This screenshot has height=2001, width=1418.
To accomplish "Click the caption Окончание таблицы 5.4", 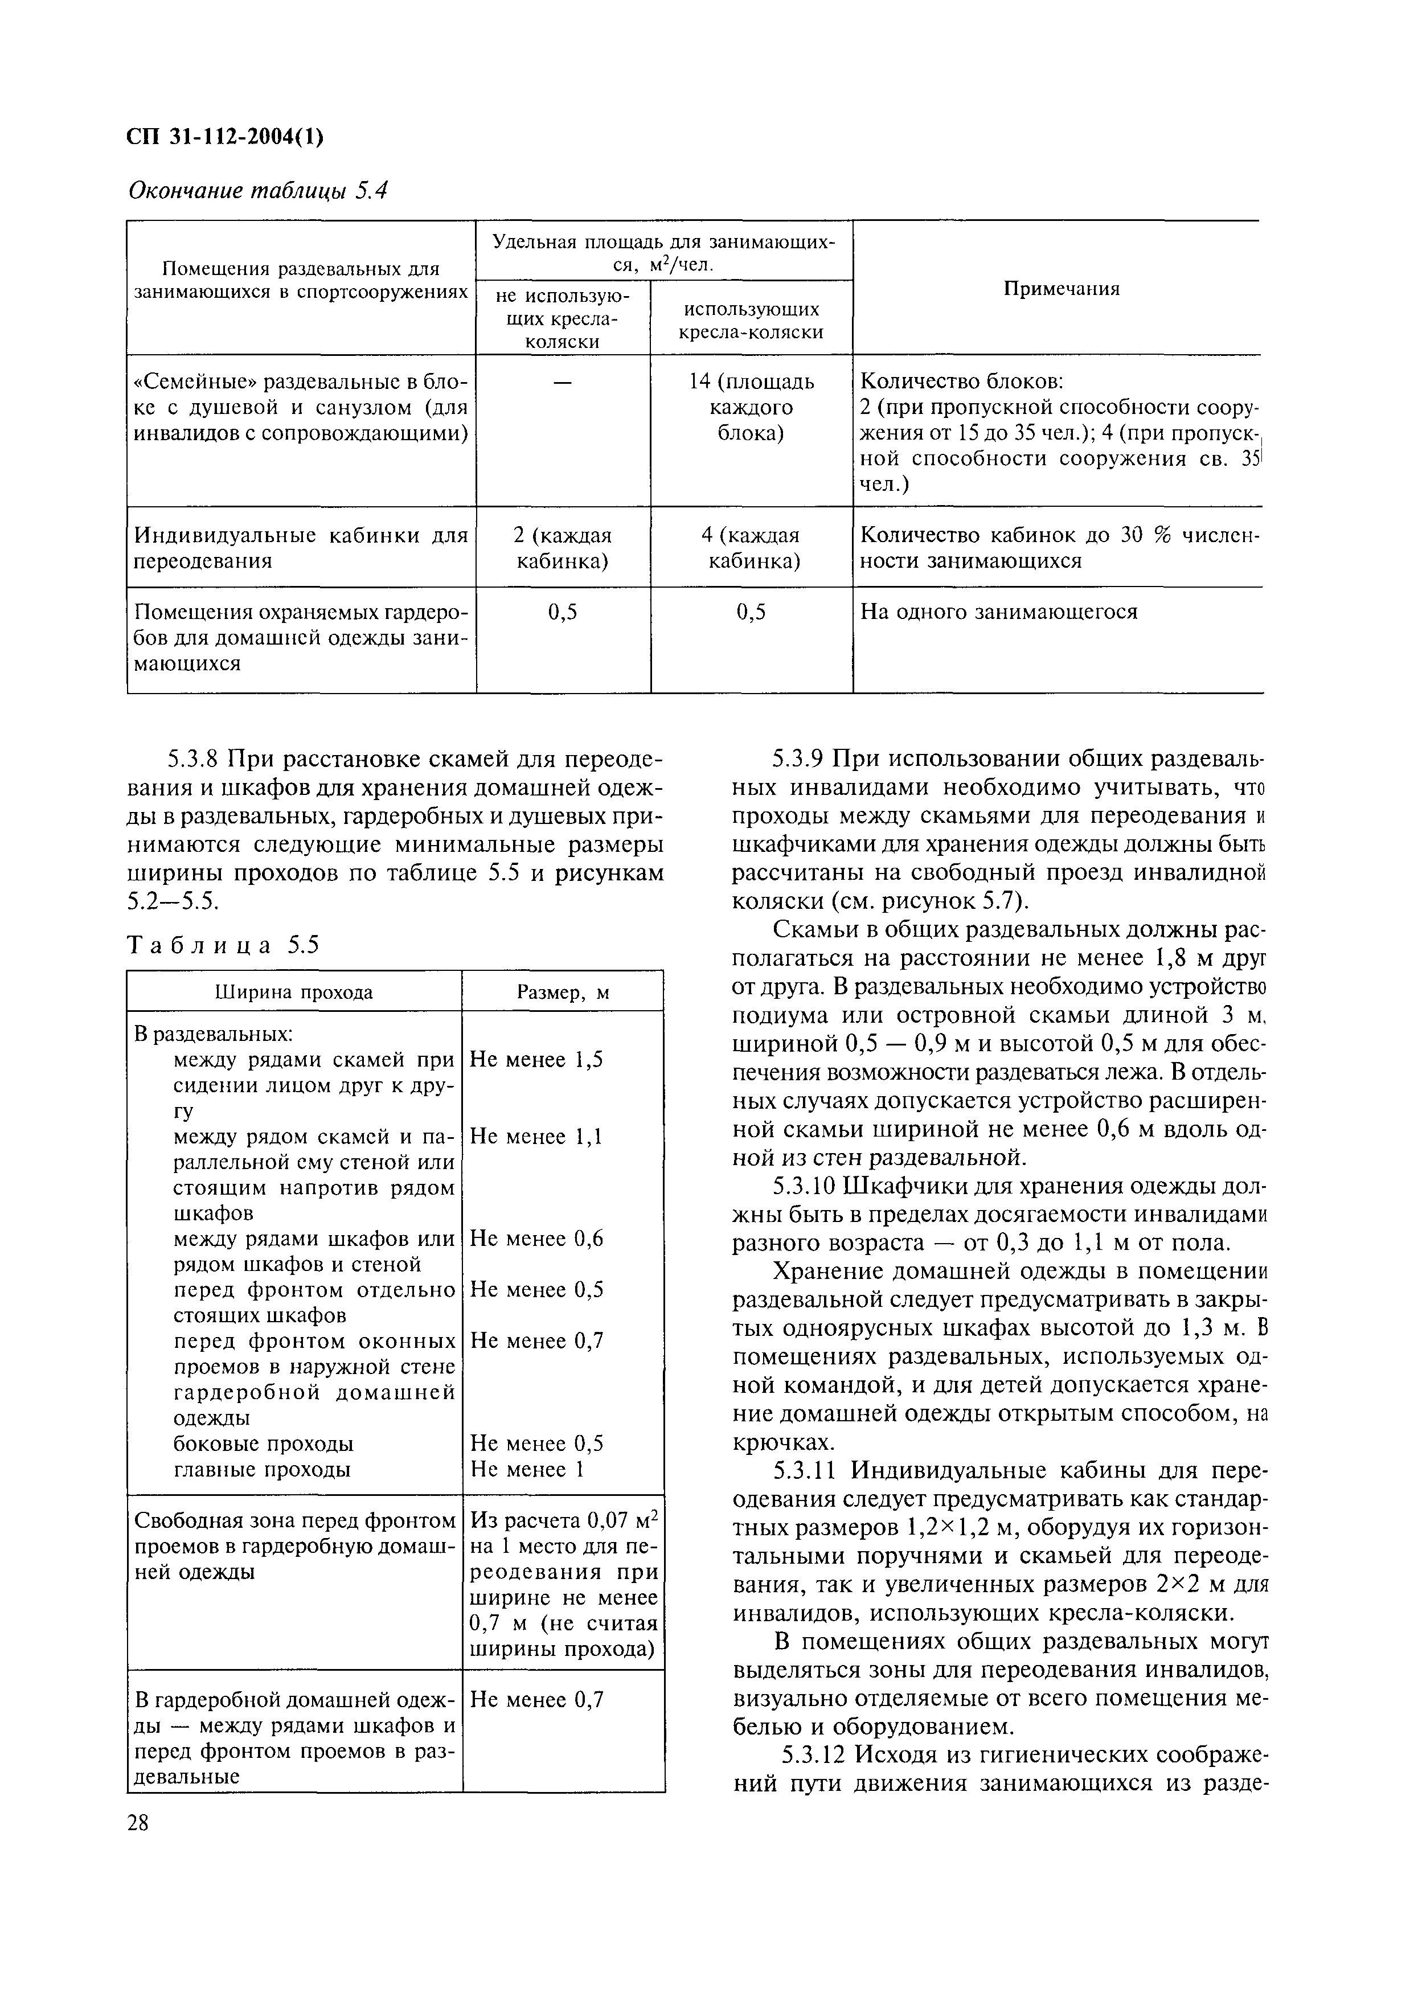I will [x=257, y=190].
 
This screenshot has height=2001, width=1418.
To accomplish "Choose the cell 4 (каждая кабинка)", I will [x=751, y=547].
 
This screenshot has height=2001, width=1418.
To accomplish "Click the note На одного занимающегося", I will [x=999, y=611].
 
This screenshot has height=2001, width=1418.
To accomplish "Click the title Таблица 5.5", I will [x=224, y=945].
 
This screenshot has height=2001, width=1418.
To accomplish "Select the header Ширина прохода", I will [x=294, y=992].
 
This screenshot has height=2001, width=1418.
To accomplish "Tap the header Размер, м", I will [x=562, y=992].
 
